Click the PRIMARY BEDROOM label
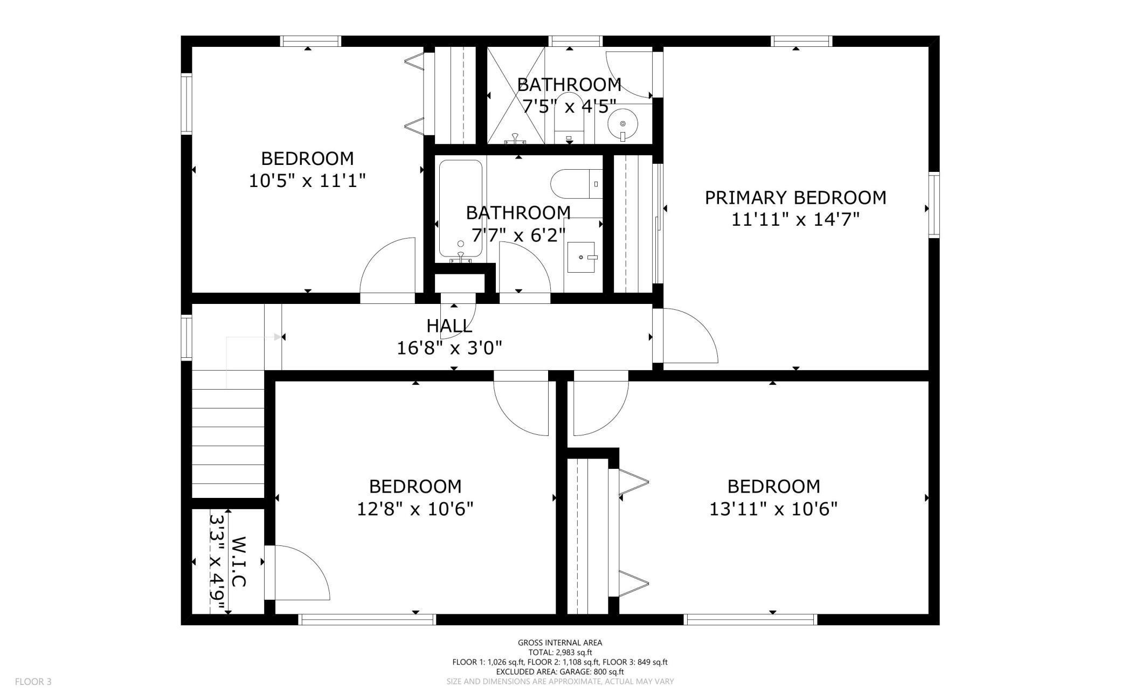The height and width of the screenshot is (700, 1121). [x=795, y=198]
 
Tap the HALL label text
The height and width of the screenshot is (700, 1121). [x=449, y=325]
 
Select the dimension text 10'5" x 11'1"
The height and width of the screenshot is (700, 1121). [x=307, y=181]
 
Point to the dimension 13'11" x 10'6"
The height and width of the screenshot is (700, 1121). [x=773, y=509]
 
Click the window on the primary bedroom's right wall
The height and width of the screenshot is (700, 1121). [x=934, y=205]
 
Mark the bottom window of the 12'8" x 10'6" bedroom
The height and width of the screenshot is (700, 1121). [x=367, y=620]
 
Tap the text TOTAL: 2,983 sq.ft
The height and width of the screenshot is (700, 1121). [x=560, y=652]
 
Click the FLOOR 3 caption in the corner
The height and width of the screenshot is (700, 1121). [x=33, y=682]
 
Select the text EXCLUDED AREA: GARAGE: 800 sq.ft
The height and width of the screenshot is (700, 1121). [x=560, y=671]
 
